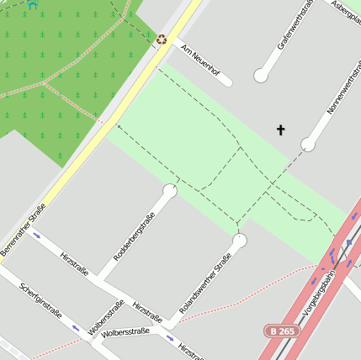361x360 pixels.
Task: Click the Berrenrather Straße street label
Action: [24, 230]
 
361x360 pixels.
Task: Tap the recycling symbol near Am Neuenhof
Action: [162, 40]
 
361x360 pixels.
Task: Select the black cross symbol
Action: [280, 130]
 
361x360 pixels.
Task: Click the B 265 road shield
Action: [282, 331]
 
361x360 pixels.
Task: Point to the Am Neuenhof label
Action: [200, 58]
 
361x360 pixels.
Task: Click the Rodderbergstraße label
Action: [135, 238]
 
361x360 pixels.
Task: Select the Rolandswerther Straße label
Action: [205, 283]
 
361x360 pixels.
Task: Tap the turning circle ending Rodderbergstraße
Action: [170, 191]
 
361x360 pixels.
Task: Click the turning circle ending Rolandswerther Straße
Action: [240, 241]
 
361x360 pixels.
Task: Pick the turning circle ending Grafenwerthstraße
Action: [261, 77]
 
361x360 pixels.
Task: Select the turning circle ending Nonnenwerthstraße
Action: [308, 145]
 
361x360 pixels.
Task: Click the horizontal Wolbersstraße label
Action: [125, 332]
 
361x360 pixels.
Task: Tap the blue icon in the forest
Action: [34, 4]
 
